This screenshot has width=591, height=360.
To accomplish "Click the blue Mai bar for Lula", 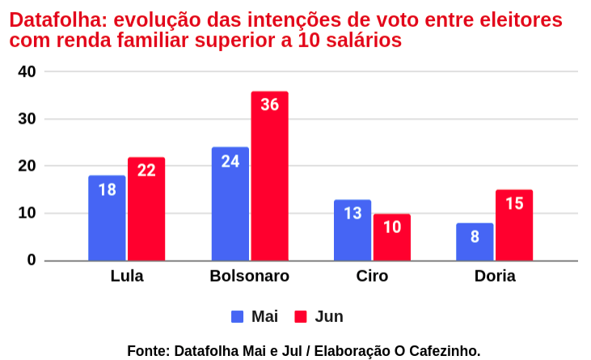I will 107,218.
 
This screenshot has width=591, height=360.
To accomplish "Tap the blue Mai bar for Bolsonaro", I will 230,204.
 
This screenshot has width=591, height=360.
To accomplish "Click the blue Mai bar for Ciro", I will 352,230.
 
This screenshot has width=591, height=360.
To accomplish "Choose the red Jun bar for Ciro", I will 391,237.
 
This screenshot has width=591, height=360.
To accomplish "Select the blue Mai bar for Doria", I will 475,242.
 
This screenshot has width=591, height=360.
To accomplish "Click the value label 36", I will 269,105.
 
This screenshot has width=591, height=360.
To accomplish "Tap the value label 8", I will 475,237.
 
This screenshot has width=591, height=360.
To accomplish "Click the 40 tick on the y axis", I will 27,72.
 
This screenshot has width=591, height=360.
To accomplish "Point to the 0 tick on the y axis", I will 32,260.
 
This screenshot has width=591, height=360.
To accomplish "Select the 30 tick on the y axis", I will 27,119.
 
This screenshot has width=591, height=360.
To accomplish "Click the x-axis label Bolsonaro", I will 249,277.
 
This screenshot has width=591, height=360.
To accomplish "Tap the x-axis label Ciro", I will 372,277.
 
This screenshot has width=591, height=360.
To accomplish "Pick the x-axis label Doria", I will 495,277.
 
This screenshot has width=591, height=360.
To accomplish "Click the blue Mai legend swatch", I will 238,316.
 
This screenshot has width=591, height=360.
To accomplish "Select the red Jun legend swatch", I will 301,316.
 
